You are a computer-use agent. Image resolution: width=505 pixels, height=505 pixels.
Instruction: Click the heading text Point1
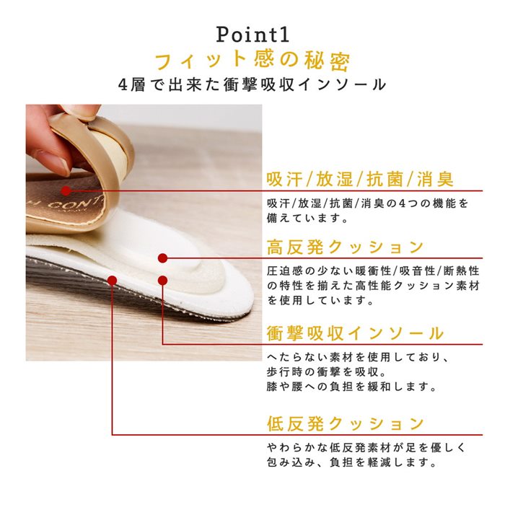[x=252, y=35]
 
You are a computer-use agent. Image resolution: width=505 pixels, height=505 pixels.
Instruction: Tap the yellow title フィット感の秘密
[x=252, y=61]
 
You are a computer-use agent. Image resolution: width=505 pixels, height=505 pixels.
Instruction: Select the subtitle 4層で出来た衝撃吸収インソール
[x=252, y=84]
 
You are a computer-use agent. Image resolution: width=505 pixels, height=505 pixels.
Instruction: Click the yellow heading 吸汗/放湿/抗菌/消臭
[x=360, y=179]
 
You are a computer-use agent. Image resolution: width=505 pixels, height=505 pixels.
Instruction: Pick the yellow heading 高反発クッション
[x=345, y=247]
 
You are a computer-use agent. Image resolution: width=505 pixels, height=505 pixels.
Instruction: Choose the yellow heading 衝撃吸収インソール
[x=355, y=333]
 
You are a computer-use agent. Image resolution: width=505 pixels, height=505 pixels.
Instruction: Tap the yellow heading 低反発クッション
[x=345, y=423]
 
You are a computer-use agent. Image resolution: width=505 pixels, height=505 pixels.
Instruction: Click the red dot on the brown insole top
[x=66, y=191]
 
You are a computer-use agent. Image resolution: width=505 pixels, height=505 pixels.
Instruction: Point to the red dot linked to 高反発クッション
[x=163, y=258]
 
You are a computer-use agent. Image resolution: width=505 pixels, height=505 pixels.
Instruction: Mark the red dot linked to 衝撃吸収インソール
[x=163, y=281]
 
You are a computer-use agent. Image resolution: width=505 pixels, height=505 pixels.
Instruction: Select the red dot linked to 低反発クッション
[x=112, y=281]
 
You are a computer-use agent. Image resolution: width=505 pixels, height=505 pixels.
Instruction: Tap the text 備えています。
[x=307, y=219]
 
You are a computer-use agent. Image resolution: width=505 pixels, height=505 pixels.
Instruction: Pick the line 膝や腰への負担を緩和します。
[x=351, y=387]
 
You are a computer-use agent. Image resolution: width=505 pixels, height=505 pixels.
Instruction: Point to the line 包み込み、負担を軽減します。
[x=351, y=462]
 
